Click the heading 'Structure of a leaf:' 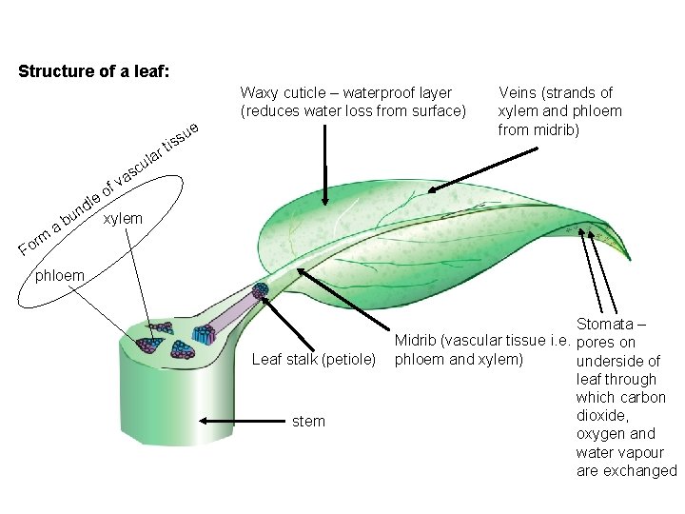pyautogui.click(x=94, y=71)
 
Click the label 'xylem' pyautogui.click(x=123, y=218)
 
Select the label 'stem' pyautogui.click(x=309, y=421)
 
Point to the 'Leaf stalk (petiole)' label pyautogui.click(x=314, y=360)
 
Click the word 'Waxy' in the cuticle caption pyautogui.click(x=260, y=92)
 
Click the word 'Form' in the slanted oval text pyautogui.click(x=35, y=244)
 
